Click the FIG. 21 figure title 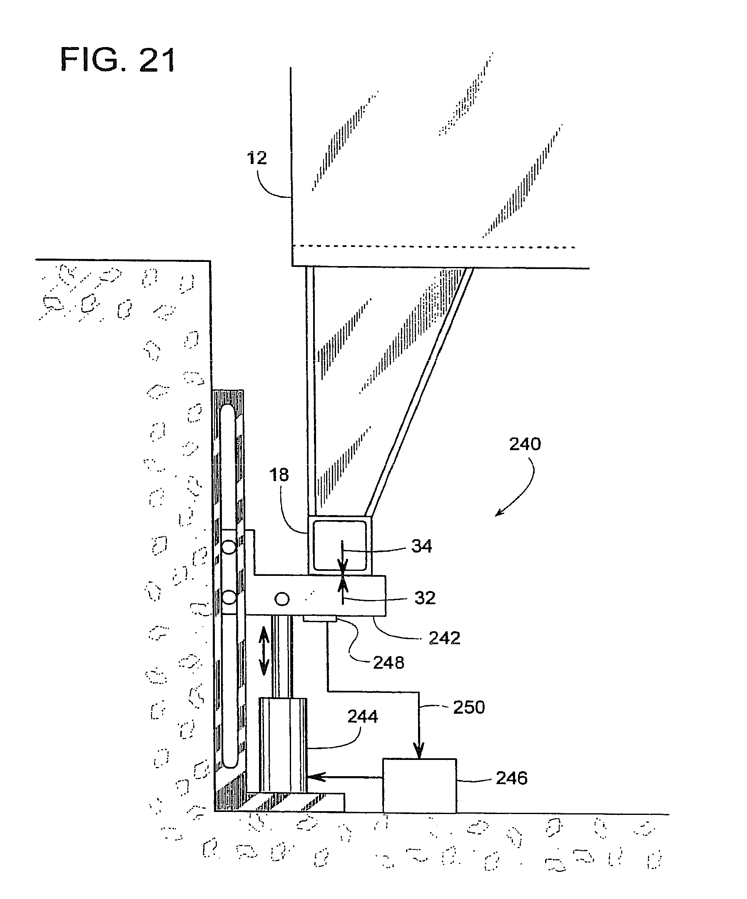point(118,60)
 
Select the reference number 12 point(257,158)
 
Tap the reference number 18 point(279,475)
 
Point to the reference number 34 point(422,546)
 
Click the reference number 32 point(425,598)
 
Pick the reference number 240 point(525,444)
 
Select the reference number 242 point(444,638)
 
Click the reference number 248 point(388,662)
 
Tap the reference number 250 point(469,707)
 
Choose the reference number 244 point(363,717)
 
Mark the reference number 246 point(512,778)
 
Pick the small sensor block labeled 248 point(320,619)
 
